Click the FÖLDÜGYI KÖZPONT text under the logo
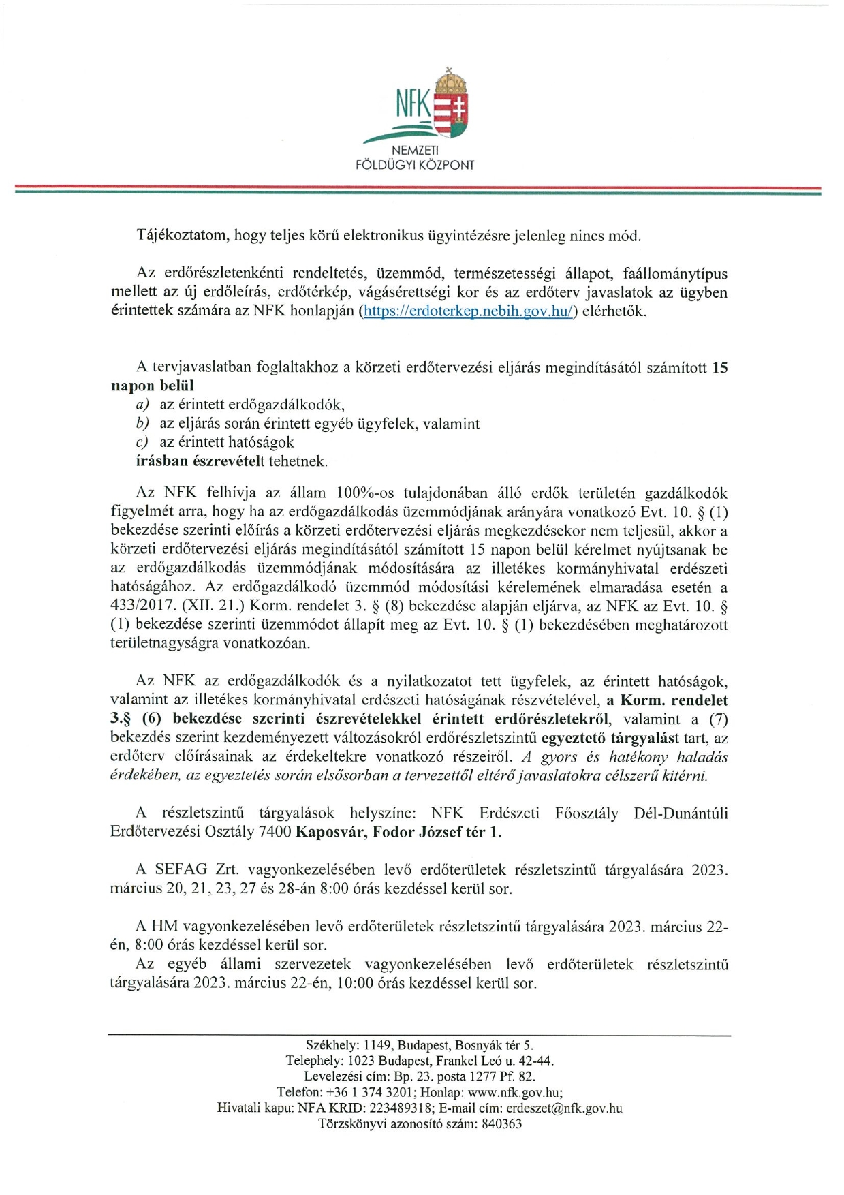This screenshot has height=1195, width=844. coord(415,165)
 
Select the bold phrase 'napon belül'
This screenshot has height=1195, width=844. coord(152,386)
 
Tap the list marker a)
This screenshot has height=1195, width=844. coord(142,405)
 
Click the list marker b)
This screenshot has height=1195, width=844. coord(142,424)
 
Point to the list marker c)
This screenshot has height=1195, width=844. coord(142,443)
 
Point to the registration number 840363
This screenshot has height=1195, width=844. coord(501,1124)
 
